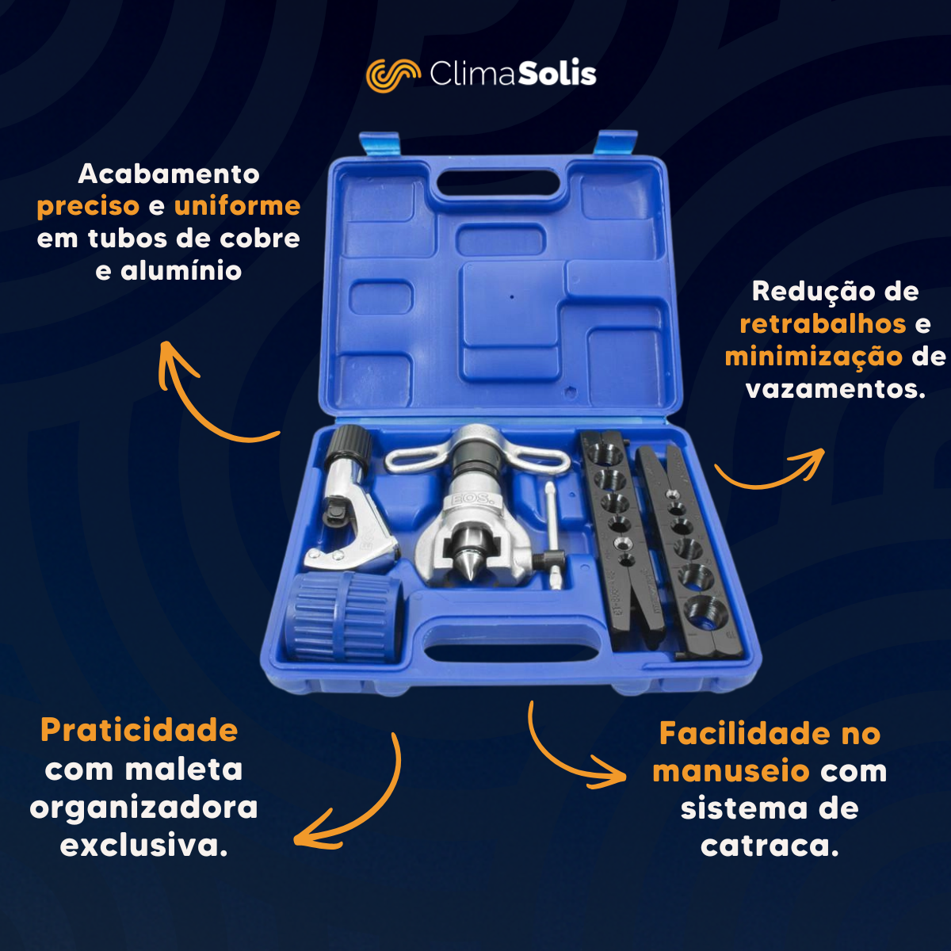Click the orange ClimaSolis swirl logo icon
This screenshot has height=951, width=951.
[393, 75]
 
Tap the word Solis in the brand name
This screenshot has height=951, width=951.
[557, 74]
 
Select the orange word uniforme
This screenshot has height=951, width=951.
[238, 205]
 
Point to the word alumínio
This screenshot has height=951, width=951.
[181, 270]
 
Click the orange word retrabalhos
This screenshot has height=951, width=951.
[823, 324]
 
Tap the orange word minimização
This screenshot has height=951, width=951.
[813, 357]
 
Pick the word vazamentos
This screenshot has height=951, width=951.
[835, 389]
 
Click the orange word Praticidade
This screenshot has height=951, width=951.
[139, 731]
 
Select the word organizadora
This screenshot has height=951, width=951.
[143, 809]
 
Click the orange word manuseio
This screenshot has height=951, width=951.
[731, 771]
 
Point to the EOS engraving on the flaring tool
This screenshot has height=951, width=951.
[472, 498]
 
